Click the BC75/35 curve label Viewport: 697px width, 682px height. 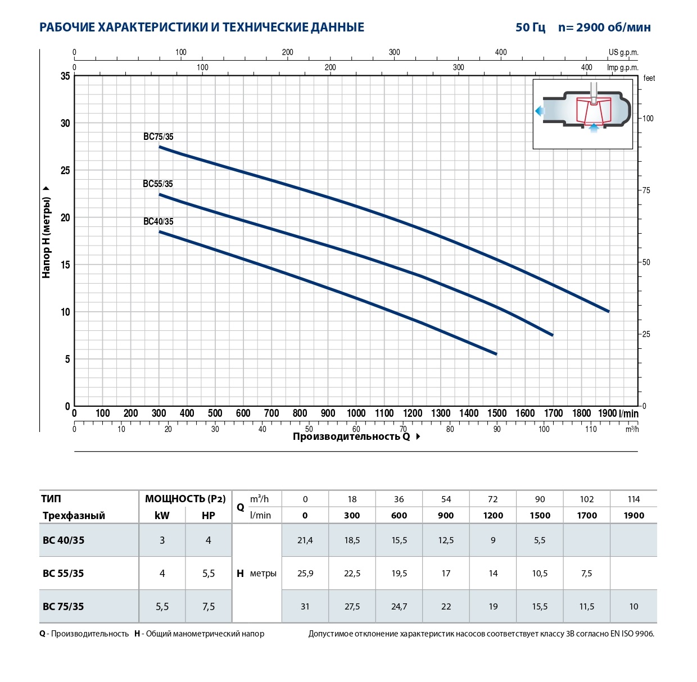(159, 137)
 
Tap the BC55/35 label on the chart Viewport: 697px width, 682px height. (158, 184)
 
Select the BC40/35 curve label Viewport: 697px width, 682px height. (159, 221)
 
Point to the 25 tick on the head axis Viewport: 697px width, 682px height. (65, 170)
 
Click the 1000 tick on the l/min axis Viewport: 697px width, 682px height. (356, 413)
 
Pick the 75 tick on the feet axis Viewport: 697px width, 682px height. (646, 190)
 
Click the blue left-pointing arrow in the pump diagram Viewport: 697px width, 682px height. (540, 111)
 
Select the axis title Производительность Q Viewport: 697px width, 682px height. (351, 437)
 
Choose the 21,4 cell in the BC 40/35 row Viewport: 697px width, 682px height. (305, 540)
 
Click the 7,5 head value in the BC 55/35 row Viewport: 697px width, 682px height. (587, 573)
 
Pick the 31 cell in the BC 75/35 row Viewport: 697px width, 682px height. (305, 606)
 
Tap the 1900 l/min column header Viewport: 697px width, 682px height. (633, 515)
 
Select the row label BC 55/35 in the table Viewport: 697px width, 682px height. (64, 573)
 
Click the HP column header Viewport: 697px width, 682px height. (209, 515)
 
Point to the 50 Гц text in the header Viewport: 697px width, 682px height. (530, 27)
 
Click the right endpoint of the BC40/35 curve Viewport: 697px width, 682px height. (496, 354)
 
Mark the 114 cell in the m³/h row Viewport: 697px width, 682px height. (633, 499)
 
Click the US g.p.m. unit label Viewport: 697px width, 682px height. (623, 52)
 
